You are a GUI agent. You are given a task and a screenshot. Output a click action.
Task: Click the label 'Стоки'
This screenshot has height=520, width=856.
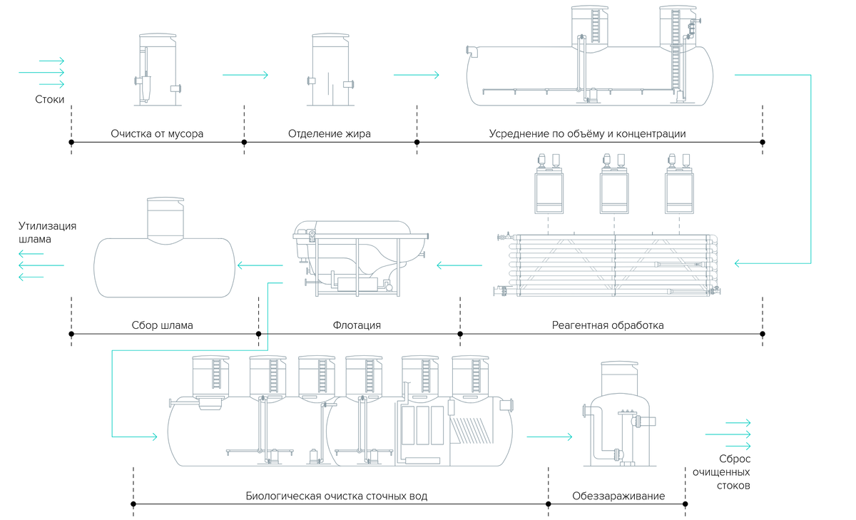(x=50, y=99)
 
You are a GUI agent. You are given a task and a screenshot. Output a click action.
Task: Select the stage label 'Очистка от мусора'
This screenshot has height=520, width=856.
(x=157, y=133)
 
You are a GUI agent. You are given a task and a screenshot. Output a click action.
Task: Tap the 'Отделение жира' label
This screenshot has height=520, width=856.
(x=330, y=133)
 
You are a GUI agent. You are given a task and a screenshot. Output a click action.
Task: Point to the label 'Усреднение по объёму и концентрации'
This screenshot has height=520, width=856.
(x=587, y=133)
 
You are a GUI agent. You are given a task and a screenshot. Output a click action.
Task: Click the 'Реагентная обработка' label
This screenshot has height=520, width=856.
(x=608, y=325)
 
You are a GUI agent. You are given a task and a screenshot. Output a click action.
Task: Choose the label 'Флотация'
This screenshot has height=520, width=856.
(x=357, y=325)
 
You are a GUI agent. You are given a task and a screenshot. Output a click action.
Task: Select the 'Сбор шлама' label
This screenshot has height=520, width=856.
(x=163, y=325)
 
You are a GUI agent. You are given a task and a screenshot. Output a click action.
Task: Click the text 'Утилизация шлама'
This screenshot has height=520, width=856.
(x=47, y=233)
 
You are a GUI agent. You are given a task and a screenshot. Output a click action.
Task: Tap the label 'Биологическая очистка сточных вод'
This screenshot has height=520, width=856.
(x=336, y=496)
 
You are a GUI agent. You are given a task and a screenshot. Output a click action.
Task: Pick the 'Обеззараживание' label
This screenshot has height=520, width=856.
(x=618, y=496)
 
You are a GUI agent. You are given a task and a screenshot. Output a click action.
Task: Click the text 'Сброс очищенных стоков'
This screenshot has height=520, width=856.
(x=721, y=472)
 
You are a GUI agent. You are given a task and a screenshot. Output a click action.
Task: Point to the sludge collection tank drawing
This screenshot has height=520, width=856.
(x=164, y=248)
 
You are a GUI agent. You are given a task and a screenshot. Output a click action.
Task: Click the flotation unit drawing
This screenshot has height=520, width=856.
(x=361, y=259)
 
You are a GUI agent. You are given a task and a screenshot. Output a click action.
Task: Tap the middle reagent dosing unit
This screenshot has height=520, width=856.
(x=614, y=184)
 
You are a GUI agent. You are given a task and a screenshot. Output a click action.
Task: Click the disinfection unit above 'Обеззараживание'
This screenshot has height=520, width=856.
(x=619, y=414)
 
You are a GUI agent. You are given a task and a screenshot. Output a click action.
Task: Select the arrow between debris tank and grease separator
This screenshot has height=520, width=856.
(x=245, y=75)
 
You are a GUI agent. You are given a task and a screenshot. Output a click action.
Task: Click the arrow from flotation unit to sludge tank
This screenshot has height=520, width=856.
(x=260, y=265)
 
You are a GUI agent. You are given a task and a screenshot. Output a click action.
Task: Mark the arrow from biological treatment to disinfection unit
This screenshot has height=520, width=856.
(x=549, y=437)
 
